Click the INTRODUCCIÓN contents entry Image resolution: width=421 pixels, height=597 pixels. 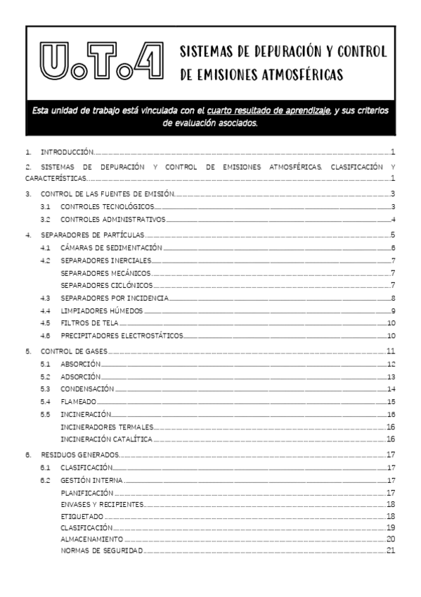tap(67, 151)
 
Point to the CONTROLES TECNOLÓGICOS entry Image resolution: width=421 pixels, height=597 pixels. tap(107, 206)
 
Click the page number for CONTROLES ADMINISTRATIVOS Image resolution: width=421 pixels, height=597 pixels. tap(394, 220)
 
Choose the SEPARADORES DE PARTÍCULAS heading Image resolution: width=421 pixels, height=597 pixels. tap(93, 234)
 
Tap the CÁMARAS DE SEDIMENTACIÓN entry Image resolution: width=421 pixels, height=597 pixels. tap(111, 248)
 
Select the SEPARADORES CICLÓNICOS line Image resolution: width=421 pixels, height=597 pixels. tap(106, 285)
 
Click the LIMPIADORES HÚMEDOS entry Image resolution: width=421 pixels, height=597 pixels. tap(101, 310)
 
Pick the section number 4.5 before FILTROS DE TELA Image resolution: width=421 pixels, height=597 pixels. tap(45, 323)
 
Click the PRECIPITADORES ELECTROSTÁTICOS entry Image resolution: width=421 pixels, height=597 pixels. tap(121, 336)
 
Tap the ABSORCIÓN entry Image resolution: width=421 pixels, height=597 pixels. tap(81, 364)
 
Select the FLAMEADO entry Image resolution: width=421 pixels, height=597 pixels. tap(78, 401)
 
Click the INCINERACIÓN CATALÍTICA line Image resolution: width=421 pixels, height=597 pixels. tap(106, 439)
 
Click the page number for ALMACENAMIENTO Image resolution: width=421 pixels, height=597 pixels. tap(391, 539)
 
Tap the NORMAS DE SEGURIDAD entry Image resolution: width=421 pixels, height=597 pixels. tap(101, 550)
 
